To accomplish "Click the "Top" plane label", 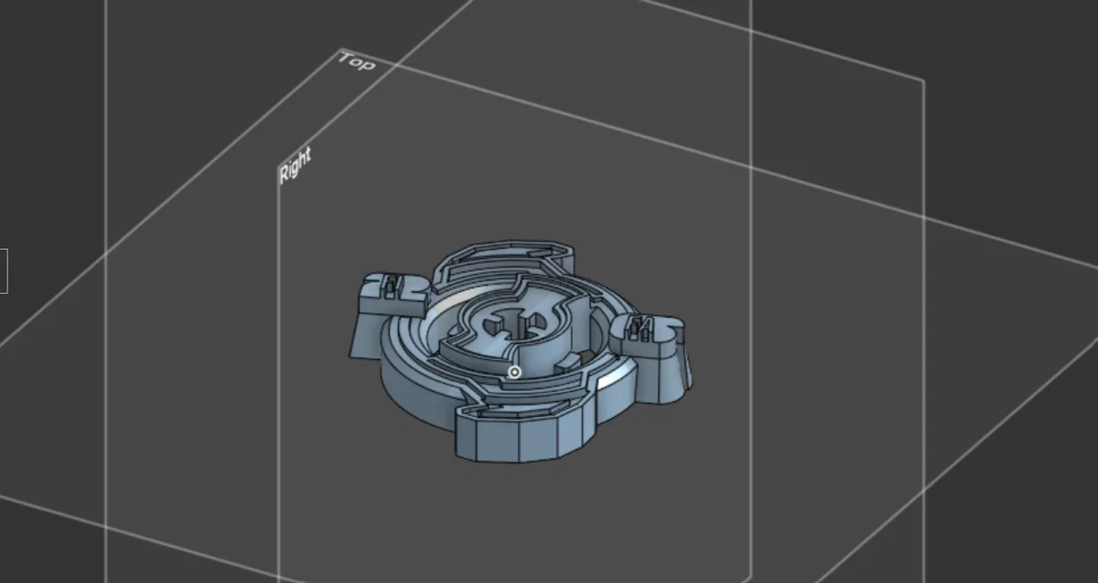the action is (356, 62).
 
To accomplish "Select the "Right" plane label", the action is (295, 166).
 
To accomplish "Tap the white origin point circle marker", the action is (514, 372).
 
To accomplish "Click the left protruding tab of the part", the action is (391, 295).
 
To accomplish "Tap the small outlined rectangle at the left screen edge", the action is (4, 271).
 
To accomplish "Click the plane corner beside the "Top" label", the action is (341, 49).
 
